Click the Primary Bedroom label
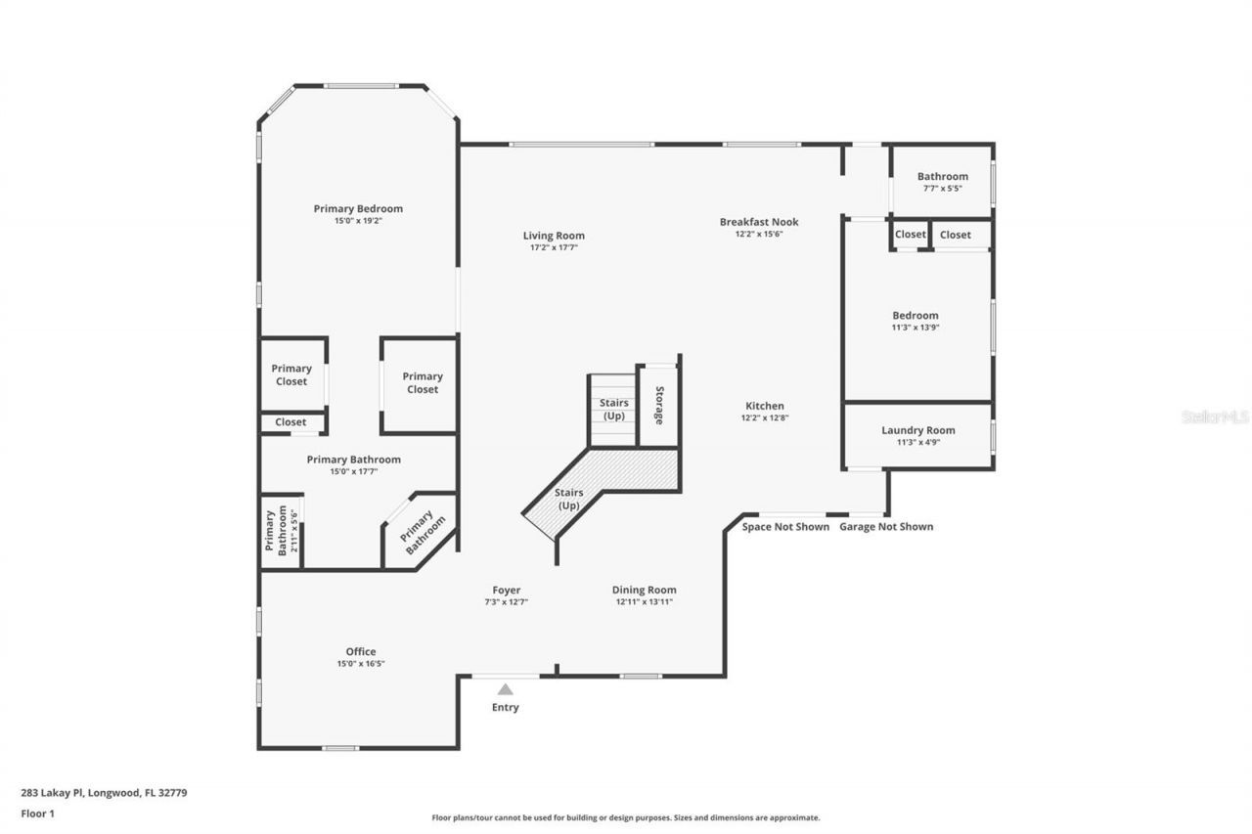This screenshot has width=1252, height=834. tap(358, 208)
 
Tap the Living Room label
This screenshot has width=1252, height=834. tap(554, 236)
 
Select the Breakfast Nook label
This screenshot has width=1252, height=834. tap(759, 222)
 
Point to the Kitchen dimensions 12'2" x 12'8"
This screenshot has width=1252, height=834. tap(766, 417)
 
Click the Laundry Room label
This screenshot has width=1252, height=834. tap(917, 430)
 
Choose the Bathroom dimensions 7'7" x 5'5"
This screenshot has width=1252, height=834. tap(942, 188)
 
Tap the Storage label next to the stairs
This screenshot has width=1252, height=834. tap(659, 405)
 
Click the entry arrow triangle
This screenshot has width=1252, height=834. tap(506, 689)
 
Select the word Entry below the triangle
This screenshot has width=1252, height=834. tap(506, 707)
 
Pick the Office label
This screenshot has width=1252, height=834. tap(360, 652)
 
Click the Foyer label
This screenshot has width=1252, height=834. tap(507, 590)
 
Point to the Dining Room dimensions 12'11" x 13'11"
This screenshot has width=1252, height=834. tap(644, 601)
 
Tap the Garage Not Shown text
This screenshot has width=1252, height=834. tap(886, 526)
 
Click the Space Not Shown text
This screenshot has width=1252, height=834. tap(785, 526)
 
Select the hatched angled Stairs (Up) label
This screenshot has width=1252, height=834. tap(568, 499)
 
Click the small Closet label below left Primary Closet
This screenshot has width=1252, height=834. tap(291, 422)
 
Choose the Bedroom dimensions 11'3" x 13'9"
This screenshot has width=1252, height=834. tap(915, 327)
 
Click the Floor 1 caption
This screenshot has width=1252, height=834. tap(38, 812)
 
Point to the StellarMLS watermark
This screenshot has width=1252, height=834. tap(1215, 417)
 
